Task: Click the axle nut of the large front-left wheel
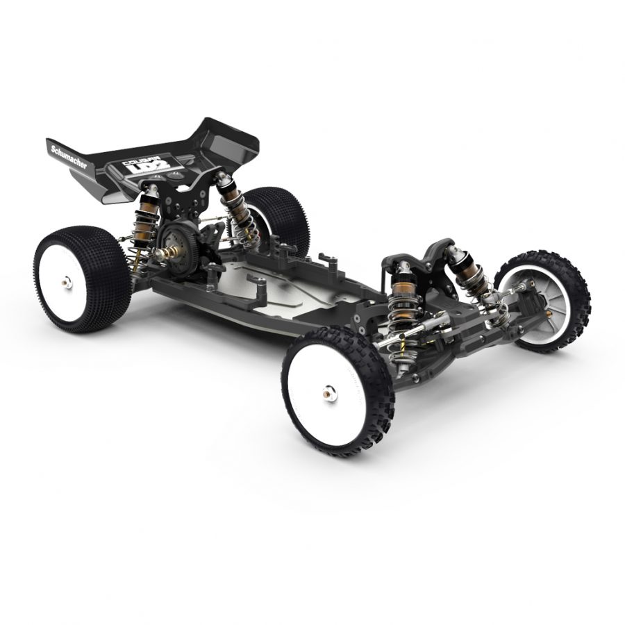tap(326, 393)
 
